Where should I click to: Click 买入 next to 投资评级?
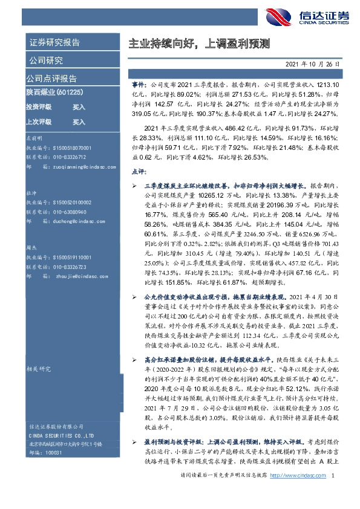tap(79, 106)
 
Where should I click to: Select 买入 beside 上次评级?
tap(79, 122)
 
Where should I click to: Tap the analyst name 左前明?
tap(34, 138)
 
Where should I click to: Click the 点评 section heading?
tap(139, 172)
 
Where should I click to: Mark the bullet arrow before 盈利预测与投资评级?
tap(134, 426)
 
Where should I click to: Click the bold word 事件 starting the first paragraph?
tap(138, 86)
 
